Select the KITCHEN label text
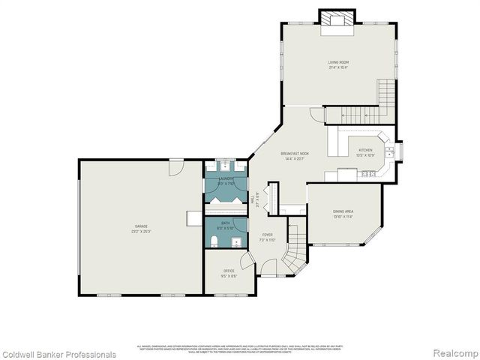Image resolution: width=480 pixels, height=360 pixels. click(365, 151)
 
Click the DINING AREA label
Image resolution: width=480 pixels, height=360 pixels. click(344, 211)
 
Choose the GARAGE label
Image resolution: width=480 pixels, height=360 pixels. click(141, 226)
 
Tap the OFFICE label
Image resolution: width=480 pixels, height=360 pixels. click(229, 271)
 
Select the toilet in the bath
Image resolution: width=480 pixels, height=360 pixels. click(214, 240)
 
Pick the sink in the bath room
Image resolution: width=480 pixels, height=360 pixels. click(236, 241)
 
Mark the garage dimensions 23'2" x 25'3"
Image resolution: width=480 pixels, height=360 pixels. click(141, 231)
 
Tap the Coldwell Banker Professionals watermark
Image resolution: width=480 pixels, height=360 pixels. click(58, 354)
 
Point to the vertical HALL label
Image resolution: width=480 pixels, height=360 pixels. click(256, 197)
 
